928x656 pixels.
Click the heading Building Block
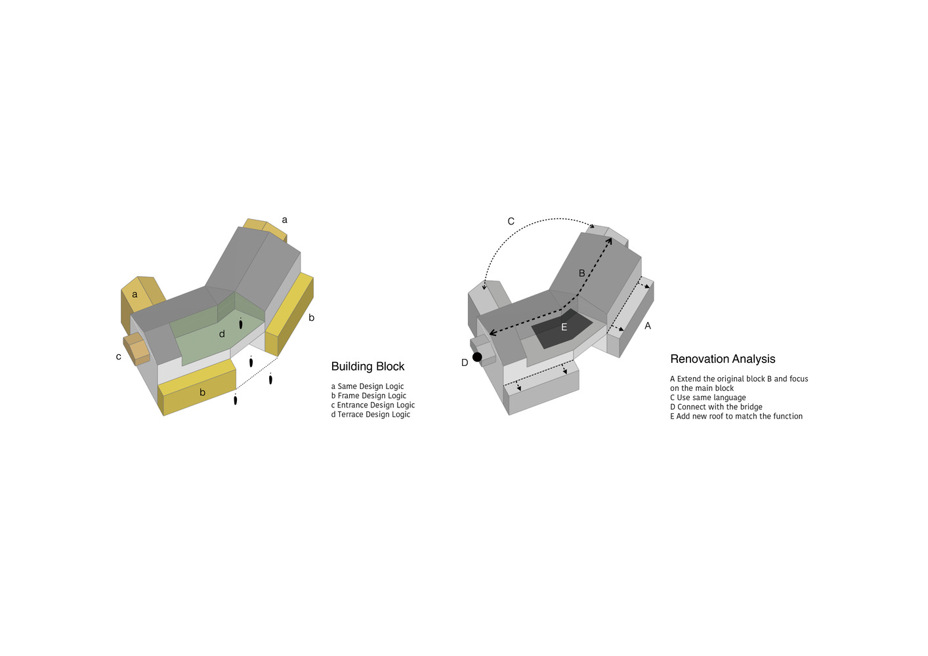tap(368, 367)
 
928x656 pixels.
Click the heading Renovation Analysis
tap(723, 359)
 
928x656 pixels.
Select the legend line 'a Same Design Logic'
tap(368, 386)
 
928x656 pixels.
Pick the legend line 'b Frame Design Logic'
tap(369, 396)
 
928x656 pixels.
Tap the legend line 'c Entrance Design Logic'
tap(373, 405)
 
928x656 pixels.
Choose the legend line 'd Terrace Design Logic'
tap(371, 415)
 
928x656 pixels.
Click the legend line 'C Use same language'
tap(708, 398)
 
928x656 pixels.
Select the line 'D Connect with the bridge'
tap(716, 407)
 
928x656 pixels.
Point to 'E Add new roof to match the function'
tap(736, 416)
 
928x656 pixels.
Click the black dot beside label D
tap(477, 357)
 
